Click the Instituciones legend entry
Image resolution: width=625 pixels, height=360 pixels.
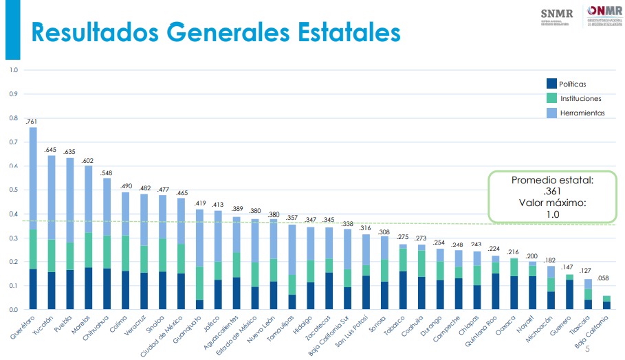pyautogui.click(x=580, y=98)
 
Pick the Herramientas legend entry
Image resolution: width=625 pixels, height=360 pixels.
pyautogui.click(x=582, y=113)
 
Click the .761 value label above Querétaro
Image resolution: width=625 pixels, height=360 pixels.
pyautogui.click(x=32, y=122)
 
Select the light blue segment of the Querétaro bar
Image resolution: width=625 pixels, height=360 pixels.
pyautogui.click(x=33, y=179)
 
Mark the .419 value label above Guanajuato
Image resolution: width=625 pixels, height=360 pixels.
pyautogui.click(x=199, y=203)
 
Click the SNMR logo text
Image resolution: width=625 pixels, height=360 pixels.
pyautogui.click(x=556, y=13)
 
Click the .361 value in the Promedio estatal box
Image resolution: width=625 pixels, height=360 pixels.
pyautogui.click(x=552, y=192)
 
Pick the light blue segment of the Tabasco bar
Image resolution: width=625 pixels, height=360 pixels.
pyautogui.click(x=403, y=246)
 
